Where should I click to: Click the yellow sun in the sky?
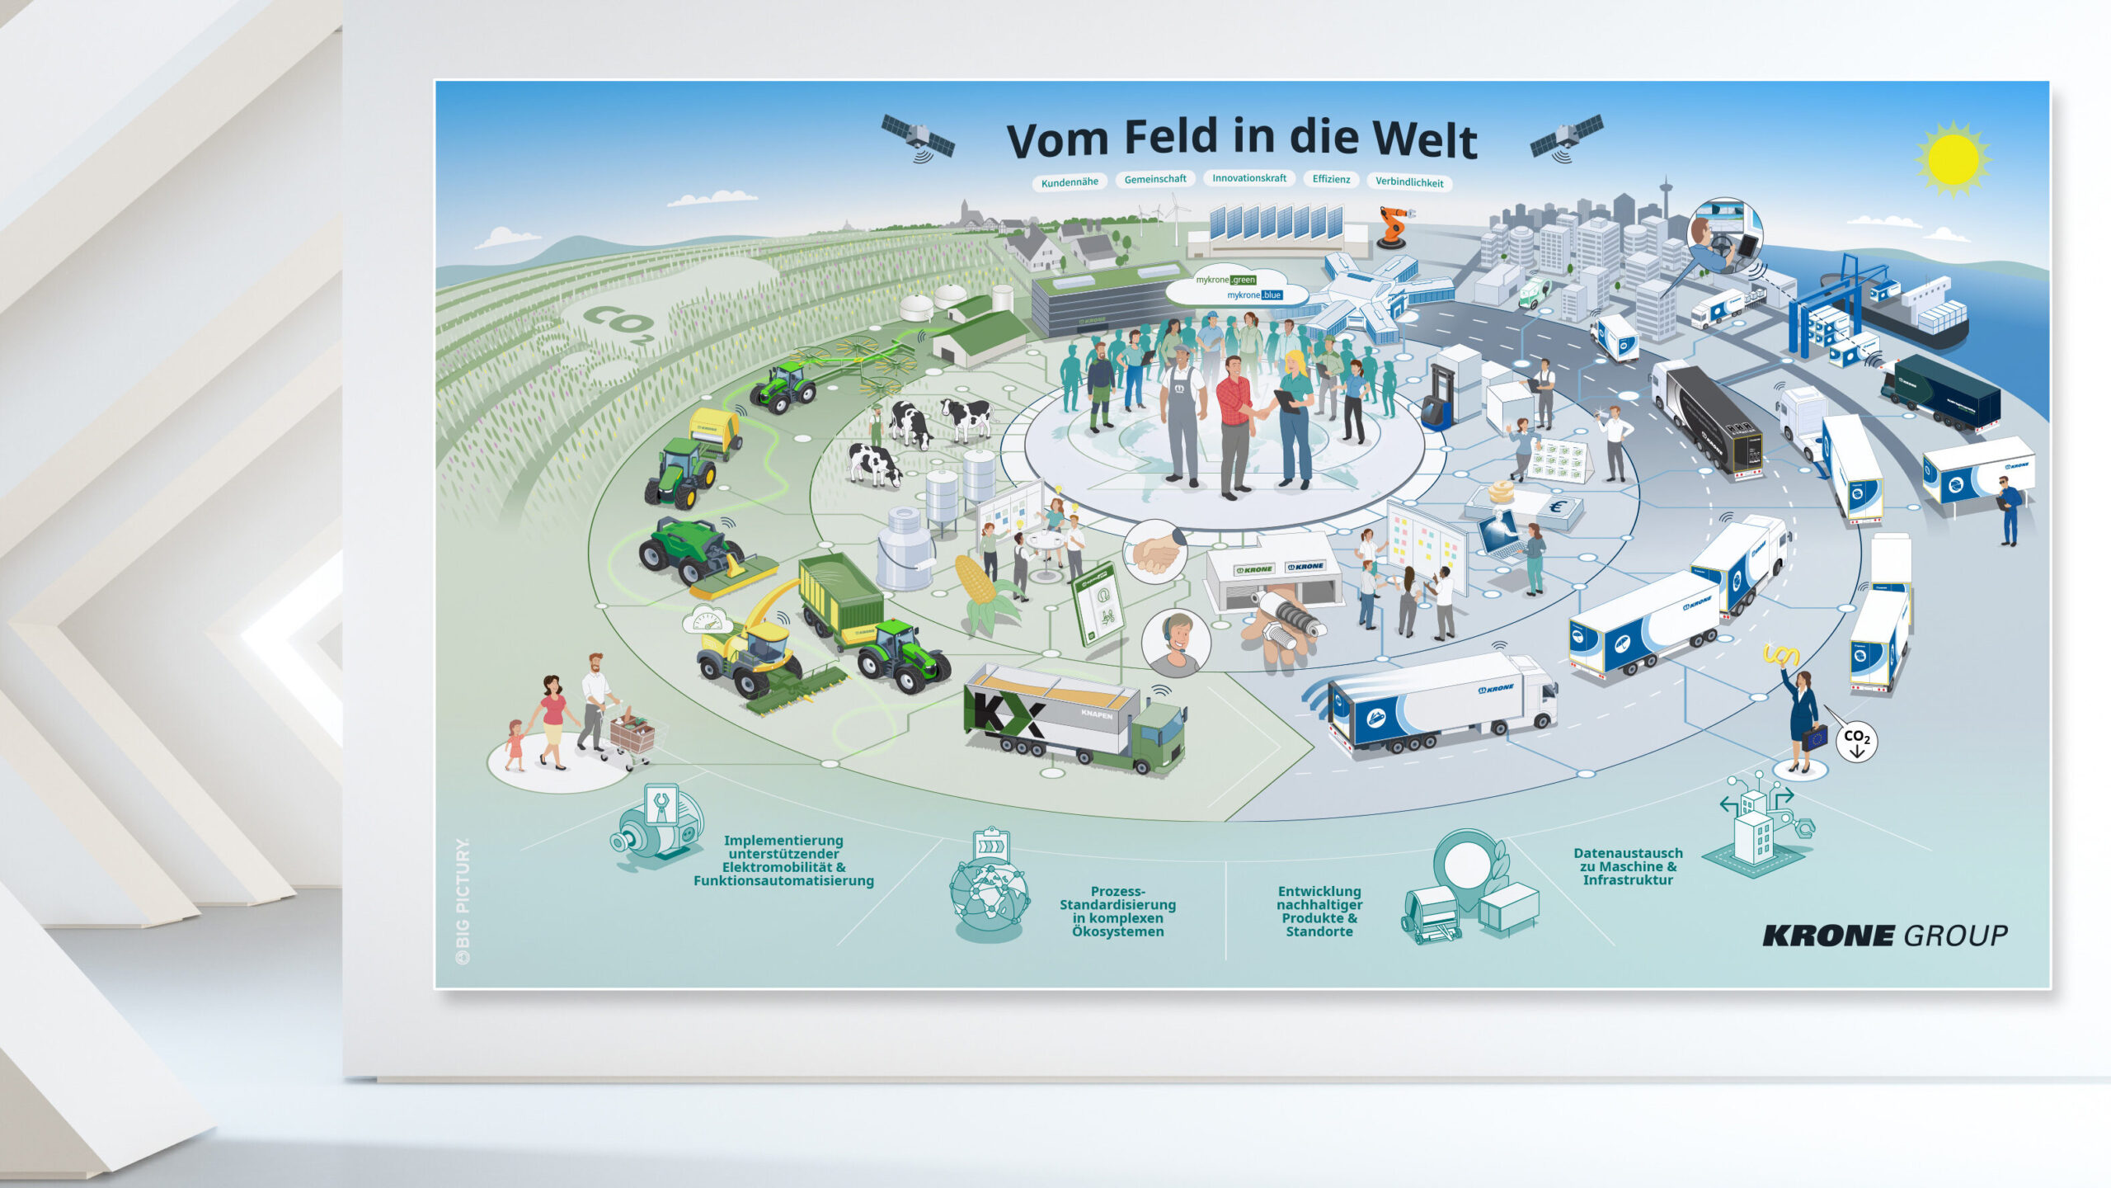coord(1953,159)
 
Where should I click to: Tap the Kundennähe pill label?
coord(1070,182)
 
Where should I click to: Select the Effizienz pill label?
coord(1331,179)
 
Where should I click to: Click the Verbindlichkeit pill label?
coord(1408,182)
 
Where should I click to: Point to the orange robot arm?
coord(1394,227)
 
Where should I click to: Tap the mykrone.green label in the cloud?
coord(1226,280)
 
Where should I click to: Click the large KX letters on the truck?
coord(1008,713)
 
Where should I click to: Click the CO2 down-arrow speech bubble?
coord(1856,742)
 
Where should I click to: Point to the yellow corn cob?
coord(977,580)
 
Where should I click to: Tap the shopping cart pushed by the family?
coord(632,735)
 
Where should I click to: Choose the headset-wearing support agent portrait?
coord(1176,642)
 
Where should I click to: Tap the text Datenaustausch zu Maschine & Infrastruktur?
coord(1628,866)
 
